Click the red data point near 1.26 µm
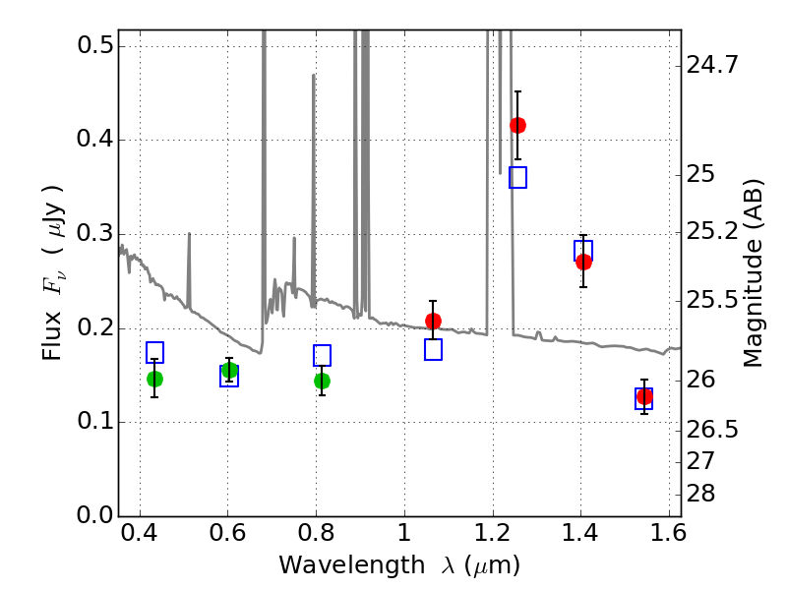[517, 125]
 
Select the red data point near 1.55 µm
[644, 396]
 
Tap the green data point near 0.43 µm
[154, 379]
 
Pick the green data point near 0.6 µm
[229, 370]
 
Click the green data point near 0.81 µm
[322, 381]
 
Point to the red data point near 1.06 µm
[433, 321]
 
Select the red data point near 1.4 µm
[583, 262]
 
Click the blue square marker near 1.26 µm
[517, 177]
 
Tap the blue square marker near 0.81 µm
[322, 355]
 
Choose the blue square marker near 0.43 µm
[154, 352]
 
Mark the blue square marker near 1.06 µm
[433, 349]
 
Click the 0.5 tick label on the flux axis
[92, 46]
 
